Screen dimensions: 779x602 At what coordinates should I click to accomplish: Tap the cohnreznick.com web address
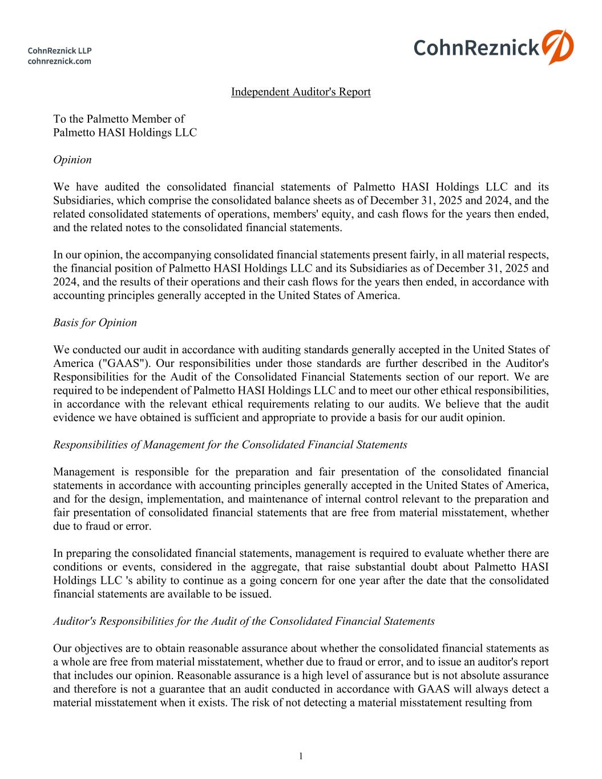pos(59,61)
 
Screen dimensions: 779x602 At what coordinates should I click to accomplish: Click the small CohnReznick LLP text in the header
pos(60,51)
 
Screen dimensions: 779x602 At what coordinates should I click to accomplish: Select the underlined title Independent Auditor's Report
pos(301,92)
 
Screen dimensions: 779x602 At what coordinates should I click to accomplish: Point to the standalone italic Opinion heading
pos(72,160)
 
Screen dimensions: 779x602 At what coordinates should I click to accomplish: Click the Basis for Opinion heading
pos(95,322)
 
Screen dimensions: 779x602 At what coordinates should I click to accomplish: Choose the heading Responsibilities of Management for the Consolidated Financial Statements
pos(230,445)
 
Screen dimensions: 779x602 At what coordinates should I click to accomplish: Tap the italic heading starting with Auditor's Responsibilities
pos(244,621)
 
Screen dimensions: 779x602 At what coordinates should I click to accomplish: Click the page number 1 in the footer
pos(301,756)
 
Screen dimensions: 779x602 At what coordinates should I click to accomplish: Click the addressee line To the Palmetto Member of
pos(119,119)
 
